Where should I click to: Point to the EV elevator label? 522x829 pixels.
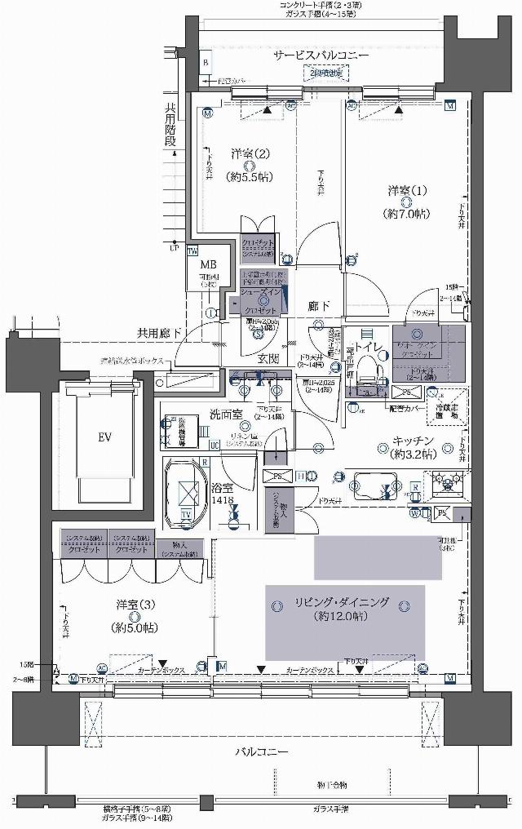(x=105, y=437)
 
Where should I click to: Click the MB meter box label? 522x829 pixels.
(x=208, y=264)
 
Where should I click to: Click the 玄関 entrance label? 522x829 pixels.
(x=270, y=358)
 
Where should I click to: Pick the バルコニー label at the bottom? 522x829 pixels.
(x=262, y=751)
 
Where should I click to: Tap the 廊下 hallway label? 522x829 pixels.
(x=318, y=304)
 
